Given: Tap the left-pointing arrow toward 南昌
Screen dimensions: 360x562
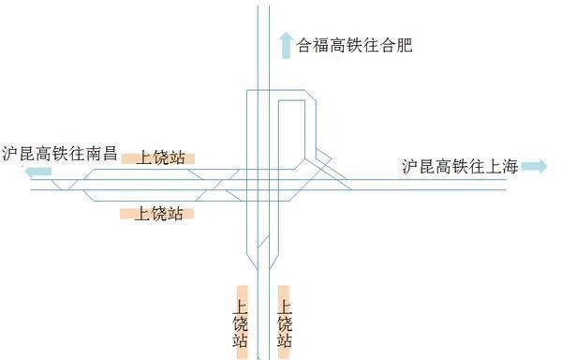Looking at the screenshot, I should tap(37, 172).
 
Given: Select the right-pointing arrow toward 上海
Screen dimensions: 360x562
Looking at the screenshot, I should tap(534, 166).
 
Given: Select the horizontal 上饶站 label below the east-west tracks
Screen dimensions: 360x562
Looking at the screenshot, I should tap(156, 213).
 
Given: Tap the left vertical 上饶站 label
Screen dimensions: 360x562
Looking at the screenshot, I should tap(241, 322).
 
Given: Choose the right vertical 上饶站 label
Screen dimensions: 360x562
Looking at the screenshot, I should tap(284, 322).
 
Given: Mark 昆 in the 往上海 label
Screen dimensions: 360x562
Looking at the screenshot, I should tap(428, 167).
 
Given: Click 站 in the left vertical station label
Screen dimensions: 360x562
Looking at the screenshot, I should tap(241, 342).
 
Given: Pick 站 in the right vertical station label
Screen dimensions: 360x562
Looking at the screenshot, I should tap(284, 342).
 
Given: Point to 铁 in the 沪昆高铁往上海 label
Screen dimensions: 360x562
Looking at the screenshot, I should tap(466, 167).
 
